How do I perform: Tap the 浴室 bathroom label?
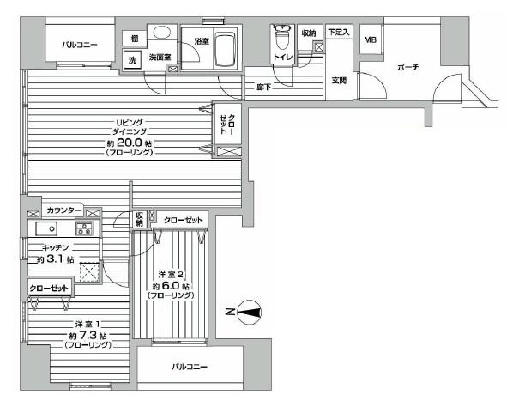(x=202, y=41)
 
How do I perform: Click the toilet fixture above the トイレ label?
(x=281, y=39)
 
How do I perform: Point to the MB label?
(x=370, y=40)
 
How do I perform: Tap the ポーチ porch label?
(x=407, y=68)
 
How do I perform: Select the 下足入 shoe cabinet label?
(x=339, y=32)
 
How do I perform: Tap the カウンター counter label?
(x=63, y=210)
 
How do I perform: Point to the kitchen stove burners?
(x=84, y=228)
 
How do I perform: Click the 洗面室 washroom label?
(x=160, y=58)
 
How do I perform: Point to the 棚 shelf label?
(x=134, y=38)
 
